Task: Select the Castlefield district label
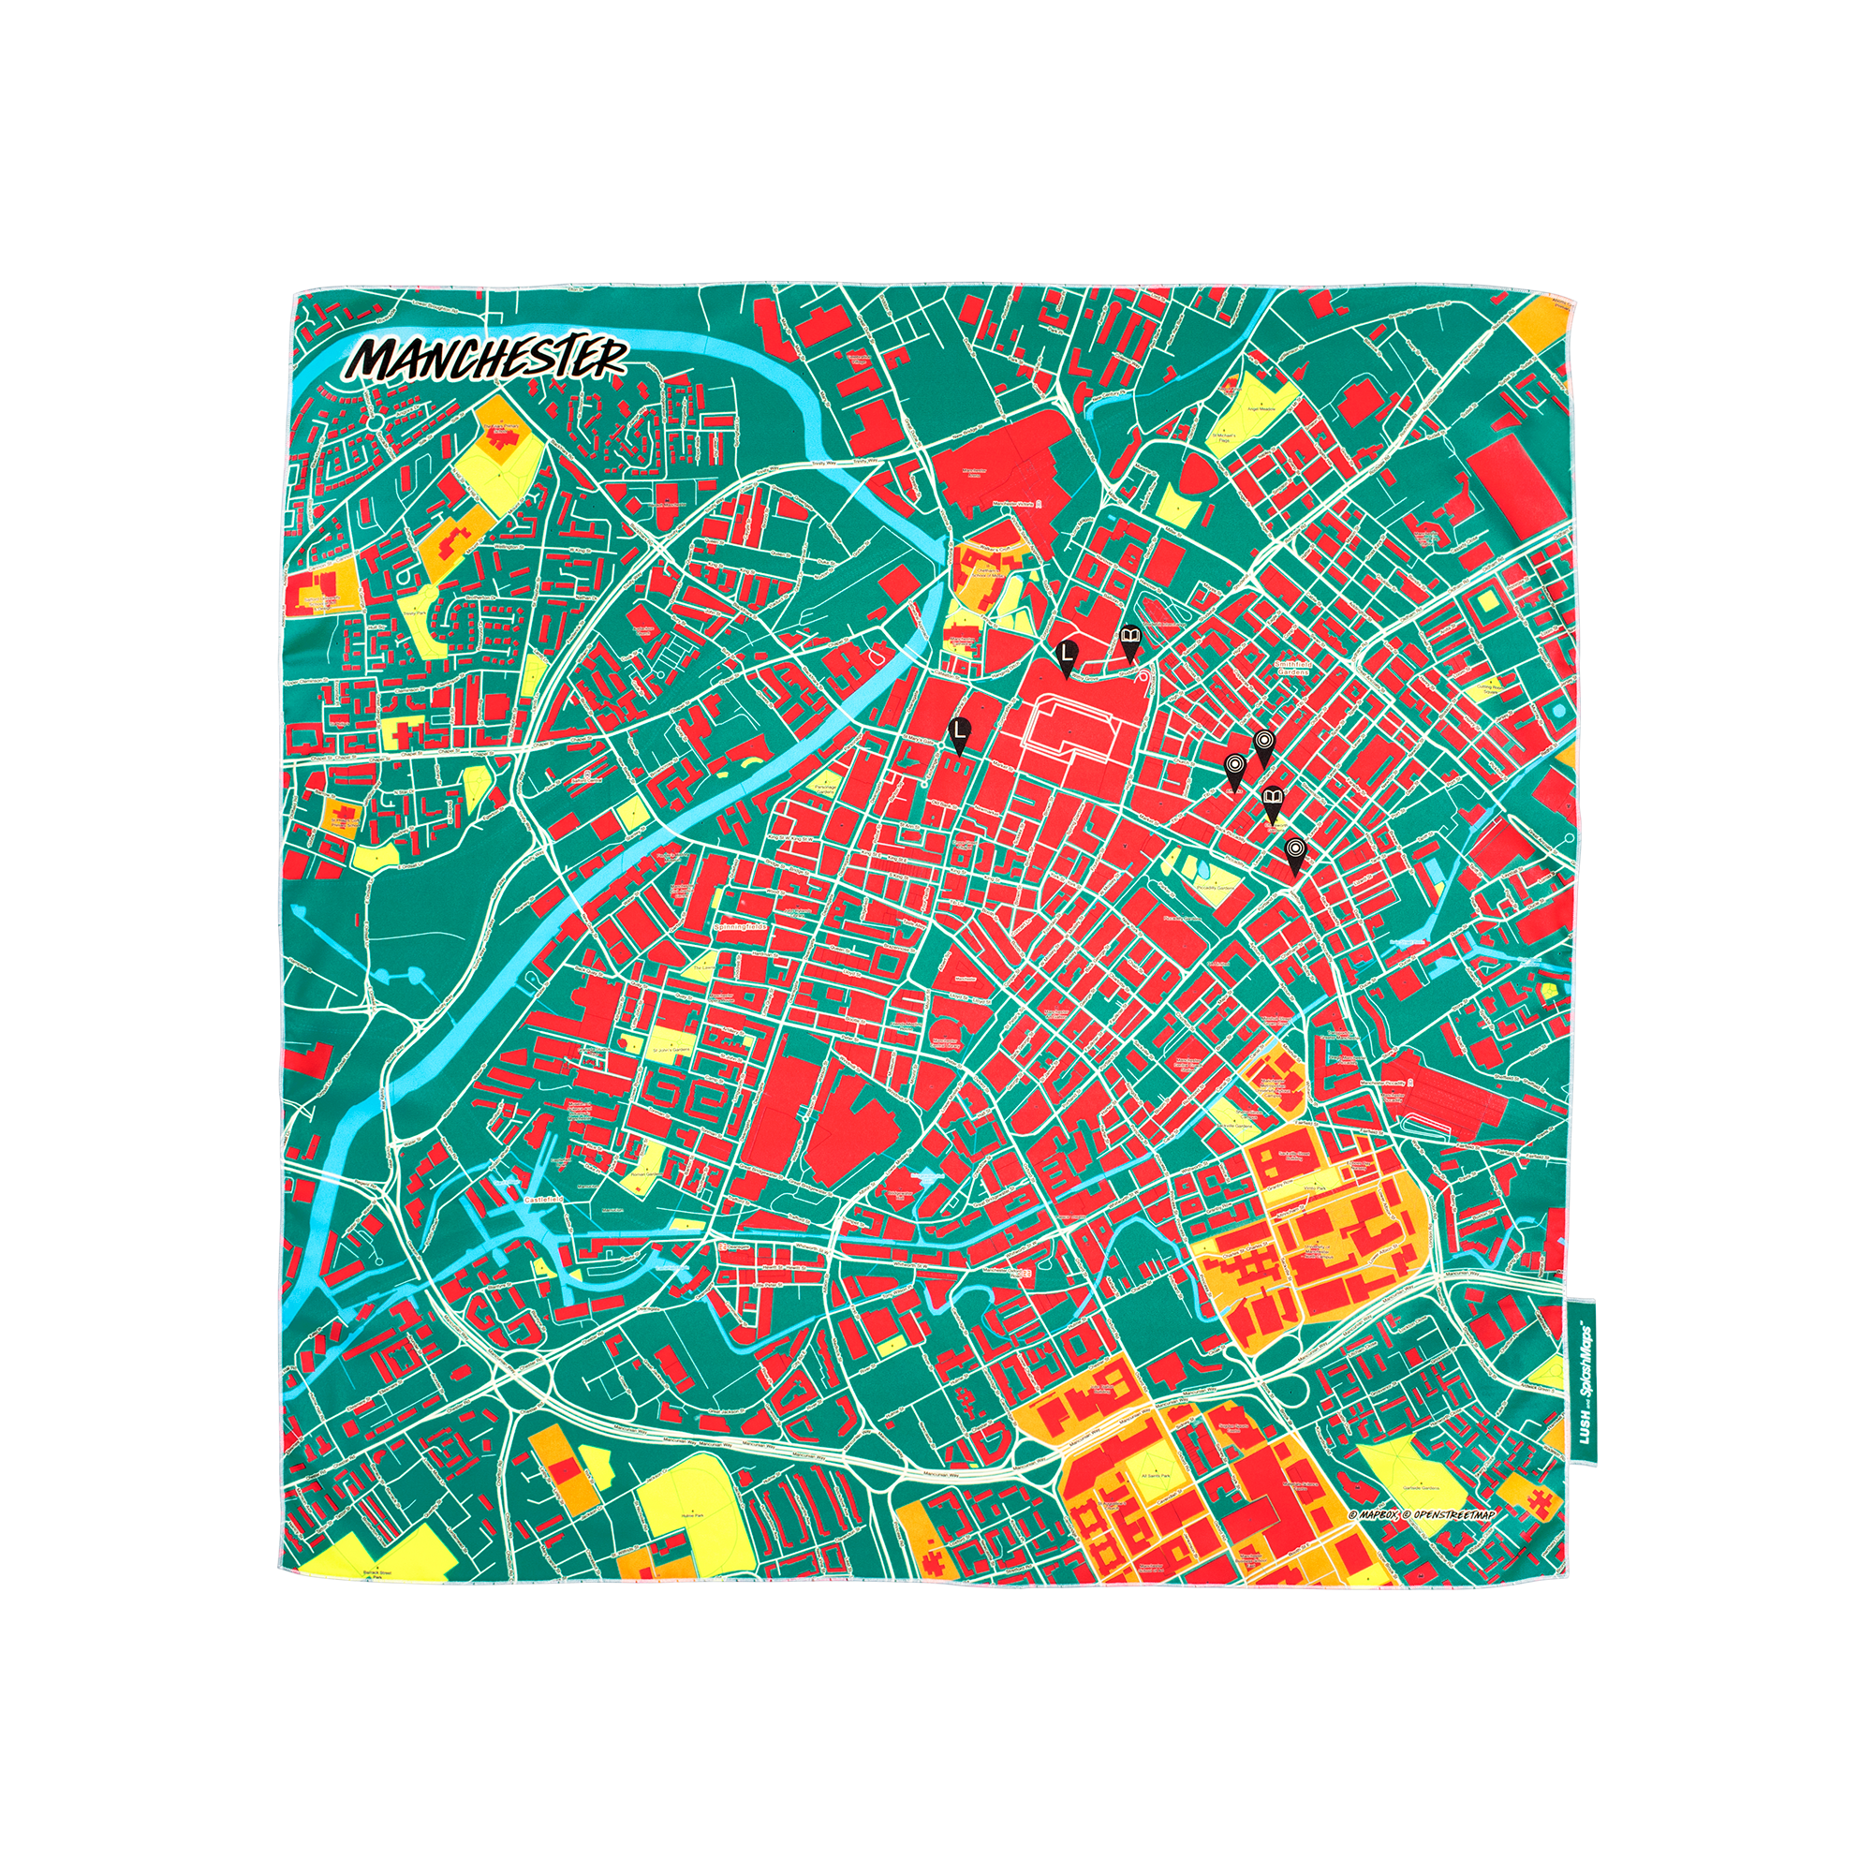pos(544,1200)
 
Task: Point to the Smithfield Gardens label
pos(1291,666)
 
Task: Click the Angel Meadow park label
pos(1266,409)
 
